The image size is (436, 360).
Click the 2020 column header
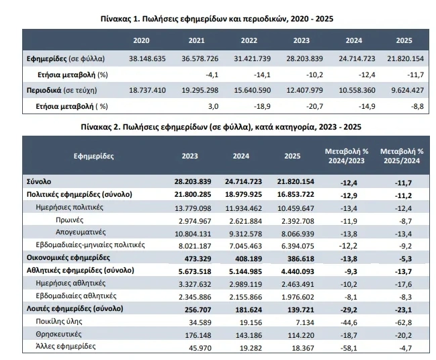(142, 40)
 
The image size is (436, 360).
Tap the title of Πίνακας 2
(218, 126)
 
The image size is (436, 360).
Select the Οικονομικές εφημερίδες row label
(69, 257)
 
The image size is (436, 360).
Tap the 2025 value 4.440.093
(294, 270)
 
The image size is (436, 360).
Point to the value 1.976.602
(294, 296)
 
